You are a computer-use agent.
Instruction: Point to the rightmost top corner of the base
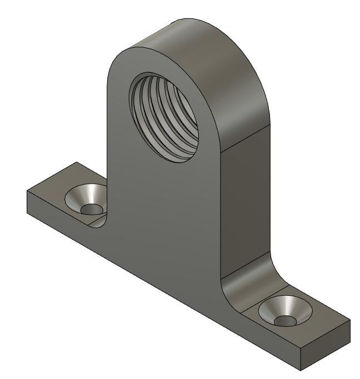point(351,321)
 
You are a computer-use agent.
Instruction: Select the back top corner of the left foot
point(74,163)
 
